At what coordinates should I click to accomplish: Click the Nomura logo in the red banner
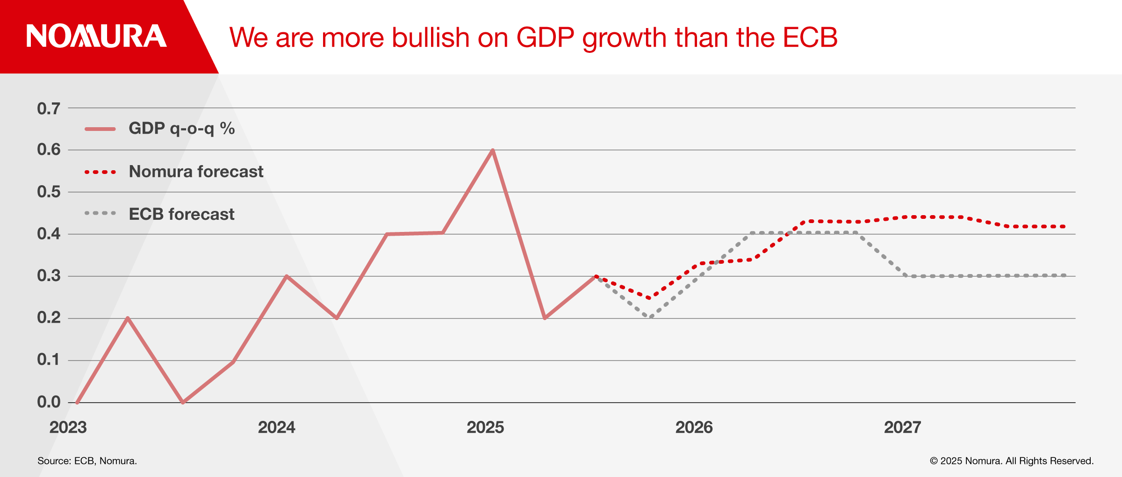(x=96, y=36)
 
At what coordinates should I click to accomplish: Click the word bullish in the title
(x=430, y=37)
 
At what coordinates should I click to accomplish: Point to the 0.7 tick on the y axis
(x=49, y=108)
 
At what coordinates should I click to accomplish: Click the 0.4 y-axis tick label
(x=49, y=234)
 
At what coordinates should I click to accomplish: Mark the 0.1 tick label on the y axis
(x=49, y=360)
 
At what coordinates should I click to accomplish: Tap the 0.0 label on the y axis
(x=49, y=402)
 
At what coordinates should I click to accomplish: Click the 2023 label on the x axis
(x=68, y=427)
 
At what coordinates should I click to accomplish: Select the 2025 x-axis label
(x=485, y=427)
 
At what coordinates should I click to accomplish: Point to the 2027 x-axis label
(x=902, y=427)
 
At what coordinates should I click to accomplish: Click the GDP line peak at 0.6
(x=493, y=150)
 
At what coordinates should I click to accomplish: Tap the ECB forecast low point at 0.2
(x=650, y=317)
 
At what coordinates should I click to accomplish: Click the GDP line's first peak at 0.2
(x=128, y=318)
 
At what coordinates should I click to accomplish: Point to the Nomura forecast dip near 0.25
(x=649, y=297)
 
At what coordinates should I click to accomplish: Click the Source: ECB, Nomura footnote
(x=87, y=461)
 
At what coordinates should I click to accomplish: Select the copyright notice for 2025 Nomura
(x=1012, y=461)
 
